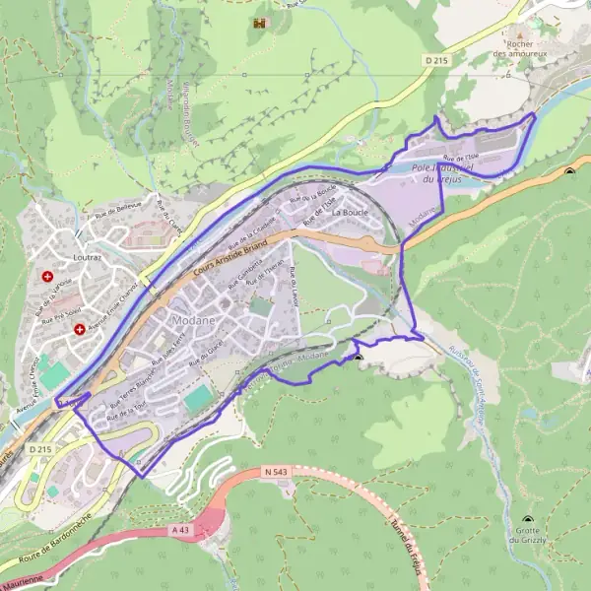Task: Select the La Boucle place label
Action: click(x=350, y=211)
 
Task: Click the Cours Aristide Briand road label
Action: click(x=231, y=254)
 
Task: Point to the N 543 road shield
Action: click(x=275, y=474)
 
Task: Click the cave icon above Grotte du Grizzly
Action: click(x=530, y=519)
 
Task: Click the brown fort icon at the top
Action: click(x=260, y=22)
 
